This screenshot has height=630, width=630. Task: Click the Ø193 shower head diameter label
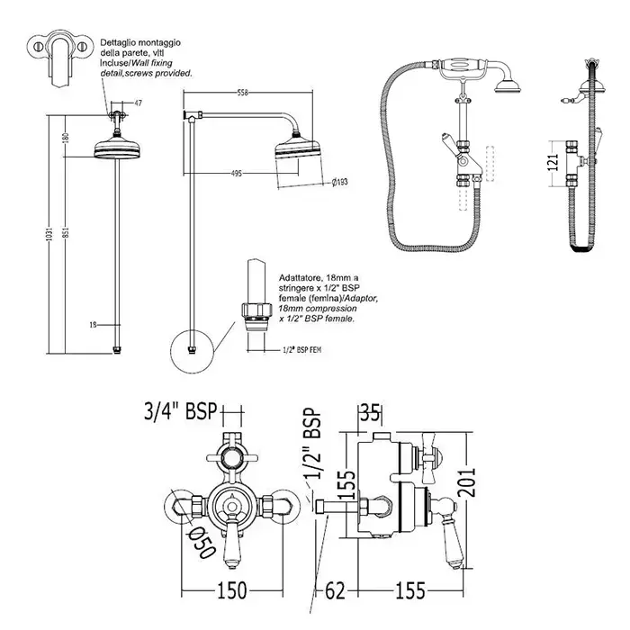(339, 183)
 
